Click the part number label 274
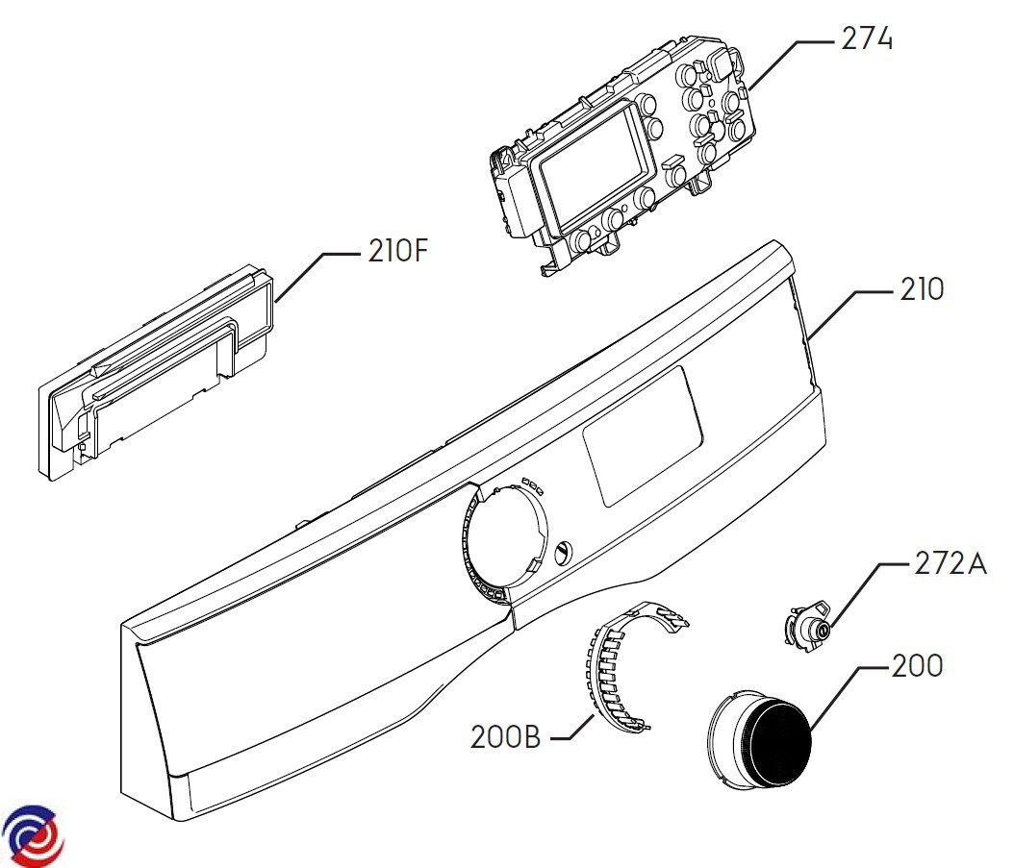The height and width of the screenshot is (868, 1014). pyautogui.click(x=867, y=38)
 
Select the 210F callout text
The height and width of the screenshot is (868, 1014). pyautogui.click(x=397, y=251)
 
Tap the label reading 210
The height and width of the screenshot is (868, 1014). pyautogui.click(x=922, y=289)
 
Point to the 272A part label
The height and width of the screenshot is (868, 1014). pyautogui.click(x=951, y=563)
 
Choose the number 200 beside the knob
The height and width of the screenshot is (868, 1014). pyautogui.click(x=917, y=666)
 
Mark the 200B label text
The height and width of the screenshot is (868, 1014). pyautogui.click(x=505, y=737)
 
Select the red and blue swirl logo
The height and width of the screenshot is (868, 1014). pyautogui.click(x=33, y=835)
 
